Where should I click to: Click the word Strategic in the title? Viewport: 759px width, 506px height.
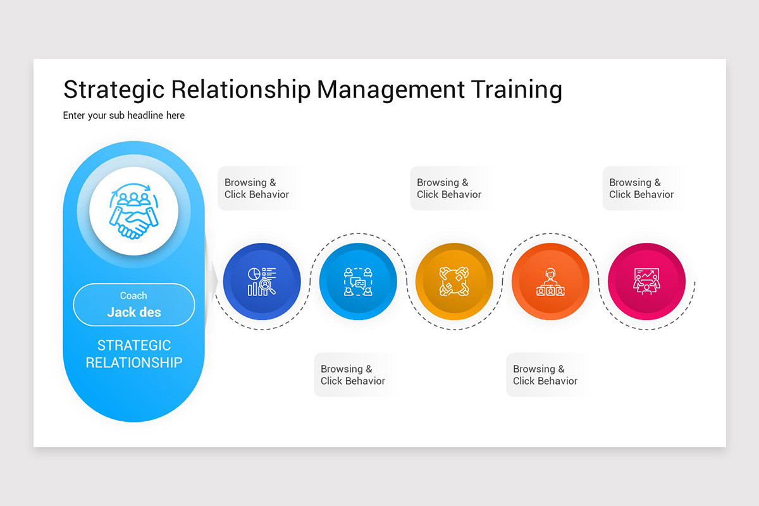(x=113, y=90)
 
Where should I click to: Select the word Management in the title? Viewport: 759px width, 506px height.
(x=390, y=90)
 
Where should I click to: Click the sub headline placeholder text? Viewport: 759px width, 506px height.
(x=124, y=116)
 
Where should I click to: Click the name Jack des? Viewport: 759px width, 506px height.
(x=133, y=312)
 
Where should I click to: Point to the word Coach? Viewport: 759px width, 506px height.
(x=133, y=295)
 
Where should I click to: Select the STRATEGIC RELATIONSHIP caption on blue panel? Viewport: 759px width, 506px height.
(x=133, y=354)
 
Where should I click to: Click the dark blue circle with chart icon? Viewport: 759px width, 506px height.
(x=262, y=281)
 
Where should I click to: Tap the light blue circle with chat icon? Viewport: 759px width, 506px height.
(x=358, y=281)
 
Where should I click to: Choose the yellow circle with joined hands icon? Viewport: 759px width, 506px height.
(x=454, y=281)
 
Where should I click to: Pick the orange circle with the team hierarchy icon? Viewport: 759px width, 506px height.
(x=550, y=281)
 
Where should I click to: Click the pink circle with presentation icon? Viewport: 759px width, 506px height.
(x=646, y=281)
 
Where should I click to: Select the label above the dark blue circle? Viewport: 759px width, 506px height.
(x=257, y=188)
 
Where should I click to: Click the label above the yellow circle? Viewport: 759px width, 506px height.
(x=449, y=188)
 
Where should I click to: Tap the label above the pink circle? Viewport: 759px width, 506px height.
(x=641, y=188)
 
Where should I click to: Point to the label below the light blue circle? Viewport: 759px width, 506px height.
(x=353, y=375)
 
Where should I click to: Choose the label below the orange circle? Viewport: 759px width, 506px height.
(x=545, y=375)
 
